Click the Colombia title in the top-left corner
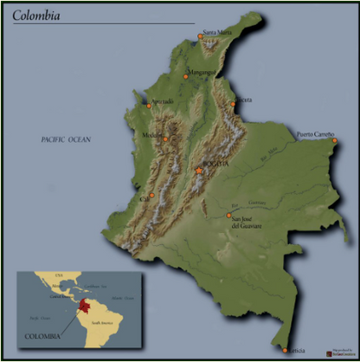point(37,15)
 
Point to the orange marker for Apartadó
point(149,106)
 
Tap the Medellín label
point(152,135)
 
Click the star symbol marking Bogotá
point(198,171)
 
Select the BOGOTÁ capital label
point(214,163)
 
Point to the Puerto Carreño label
point(315,134)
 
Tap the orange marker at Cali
point(151,196)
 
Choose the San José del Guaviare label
point(246,223)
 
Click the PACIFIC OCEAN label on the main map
point(67,139)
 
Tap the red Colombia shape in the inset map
point(84,307)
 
